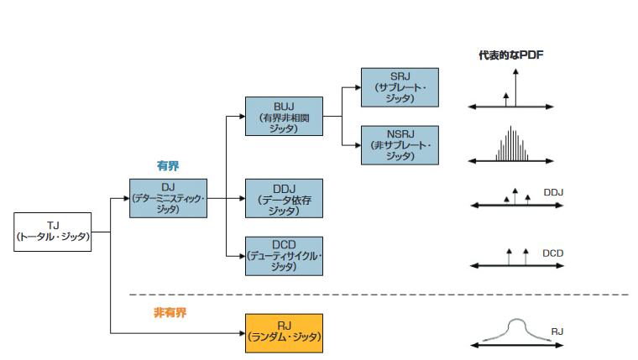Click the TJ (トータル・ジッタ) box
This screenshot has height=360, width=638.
click(53, 232)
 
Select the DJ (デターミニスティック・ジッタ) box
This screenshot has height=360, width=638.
click(168, 198)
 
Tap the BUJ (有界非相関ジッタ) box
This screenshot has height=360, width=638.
click(285, 116)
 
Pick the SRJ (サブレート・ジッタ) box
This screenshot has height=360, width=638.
click(400, 87)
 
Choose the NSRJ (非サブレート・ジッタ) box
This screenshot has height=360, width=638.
click(400, 145)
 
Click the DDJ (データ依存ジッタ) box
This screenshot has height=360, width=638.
click(284, 198)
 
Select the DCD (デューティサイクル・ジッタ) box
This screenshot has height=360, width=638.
click(284, 256)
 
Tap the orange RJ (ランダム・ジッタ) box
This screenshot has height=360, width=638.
click(284, 332)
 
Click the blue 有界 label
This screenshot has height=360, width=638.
click(168, 166)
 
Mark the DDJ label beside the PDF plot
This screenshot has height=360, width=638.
click(553, 192)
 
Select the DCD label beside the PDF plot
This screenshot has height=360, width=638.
click(552, 252)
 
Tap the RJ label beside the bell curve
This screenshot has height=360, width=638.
click(557, 331)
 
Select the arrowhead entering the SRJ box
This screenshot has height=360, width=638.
click(357, 87)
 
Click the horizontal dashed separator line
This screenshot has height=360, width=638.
click(378, 295)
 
